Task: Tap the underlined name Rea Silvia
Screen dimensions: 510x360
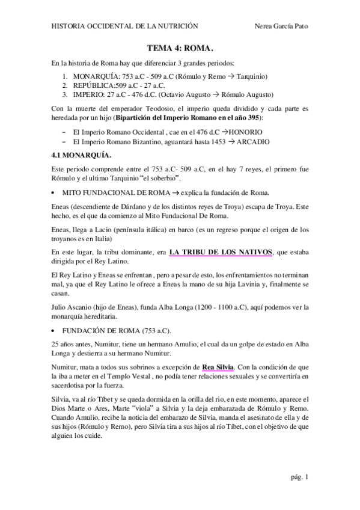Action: click(217, 366)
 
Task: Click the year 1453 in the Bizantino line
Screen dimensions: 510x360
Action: click(218, 141)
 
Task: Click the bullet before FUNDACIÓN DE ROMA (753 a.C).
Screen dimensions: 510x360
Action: click(55, 331)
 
